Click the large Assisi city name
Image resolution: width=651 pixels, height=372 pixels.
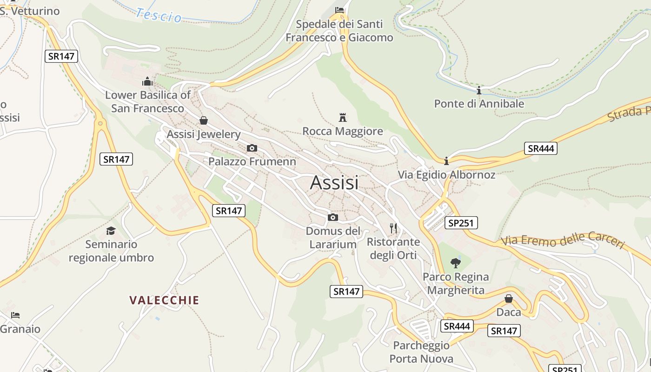tap(334, 182)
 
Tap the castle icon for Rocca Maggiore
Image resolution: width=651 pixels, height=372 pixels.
tap(343, 117)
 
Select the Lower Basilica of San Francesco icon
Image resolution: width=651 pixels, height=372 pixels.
tap(147, 82)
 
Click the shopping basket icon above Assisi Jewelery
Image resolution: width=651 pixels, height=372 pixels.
tap(203, 120)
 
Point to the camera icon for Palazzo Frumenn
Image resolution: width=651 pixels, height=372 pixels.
tap(252, 148)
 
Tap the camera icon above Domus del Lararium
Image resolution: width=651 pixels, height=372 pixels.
tap(333, 217)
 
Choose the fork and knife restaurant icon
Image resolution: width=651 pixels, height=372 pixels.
tap(393, 228)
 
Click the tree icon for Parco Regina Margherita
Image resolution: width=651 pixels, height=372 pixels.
tap(455, 263)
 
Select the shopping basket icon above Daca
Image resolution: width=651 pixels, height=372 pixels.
tap(509, 299)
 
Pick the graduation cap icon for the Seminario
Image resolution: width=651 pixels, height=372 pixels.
tap(111, 231)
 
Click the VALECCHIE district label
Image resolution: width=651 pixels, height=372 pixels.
tap(164, 300)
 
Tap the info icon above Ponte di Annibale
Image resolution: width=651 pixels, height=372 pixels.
tap(478, 90)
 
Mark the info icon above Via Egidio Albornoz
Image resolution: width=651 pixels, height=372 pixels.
tap(446, 161)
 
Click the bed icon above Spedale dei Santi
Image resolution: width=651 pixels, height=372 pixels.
tap(339, 10)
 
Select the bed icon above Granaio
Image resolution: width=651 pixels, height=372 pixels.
tap(15, 315)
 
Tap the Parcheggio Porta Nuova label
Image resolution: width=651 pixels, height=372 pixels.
tap(421, 352)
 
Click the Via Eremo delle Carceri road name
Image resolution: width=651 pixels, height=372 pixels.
tap(563, 239)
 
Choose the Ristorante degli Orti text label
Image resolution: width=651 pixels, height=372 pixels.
tap(393, 248)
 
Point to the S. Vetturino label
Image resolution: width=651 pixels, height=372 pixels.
tap(30, 11)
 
